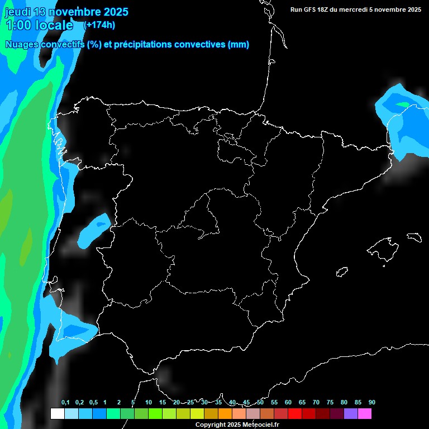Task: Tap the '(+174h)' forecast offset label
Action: [99, 25]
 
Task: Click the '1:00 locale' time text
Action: [39, 25]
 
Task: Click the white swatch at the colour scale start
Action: [57, 414]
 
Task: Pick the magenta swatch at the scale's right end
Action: [365, 414]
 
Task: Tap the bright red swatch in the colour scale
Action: [295, 414]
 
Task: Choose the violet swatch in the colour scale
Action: [351, 414]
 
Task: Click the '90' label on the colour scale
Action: [372, 403]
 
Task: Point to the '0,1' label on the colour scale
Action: [65, 403]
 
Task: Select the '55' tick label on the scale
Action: [274, 403]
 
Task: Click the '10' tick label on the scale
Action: [148, 403]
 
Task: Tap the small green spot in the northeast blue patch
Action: [403, 104]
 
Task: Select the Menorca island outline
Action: [414, 237]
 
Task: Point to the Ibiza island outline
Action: [342, 272]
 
